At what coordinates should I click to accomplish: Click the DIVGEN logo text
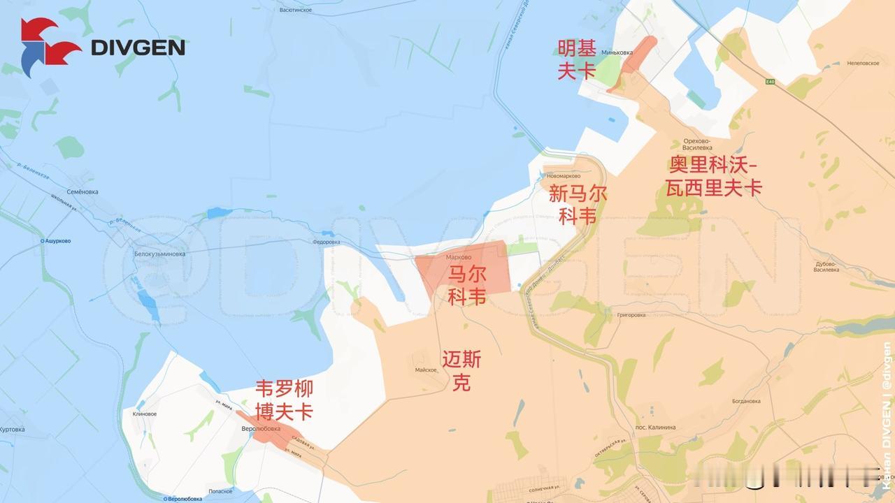[x=138, y=48]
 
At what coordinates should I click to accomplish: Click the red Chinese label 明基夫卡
[x=577, y=60]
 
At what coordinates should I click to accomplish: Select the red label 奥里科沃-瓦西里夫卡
[x=713, y=177]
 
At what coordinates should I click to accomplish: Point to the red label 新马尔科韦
[x=578, y=205]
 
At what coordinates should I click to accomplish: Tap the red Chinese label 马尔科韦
[x=467, y=286]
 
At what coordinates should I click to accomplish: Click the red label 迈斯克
[x=461, y=371]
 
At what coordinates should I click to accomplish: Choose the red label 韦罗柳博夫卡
[x=283, y=400]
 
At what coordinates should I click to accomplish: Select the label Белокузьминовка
[x=159, y=254]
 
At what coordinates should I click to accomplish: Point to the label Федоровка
[x=326, y=242]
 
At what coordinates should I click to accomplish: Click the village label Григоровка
[x=631, y=315]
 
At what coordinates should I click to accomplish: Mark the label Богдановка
[x=746, y=402]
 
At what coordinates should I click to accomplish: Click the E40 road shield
[x=770, y=82]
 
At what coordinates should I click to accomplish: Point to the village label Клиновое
[x=144, y=414]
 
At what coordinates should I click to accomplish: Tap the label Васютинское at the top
[x=295, y=10]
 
